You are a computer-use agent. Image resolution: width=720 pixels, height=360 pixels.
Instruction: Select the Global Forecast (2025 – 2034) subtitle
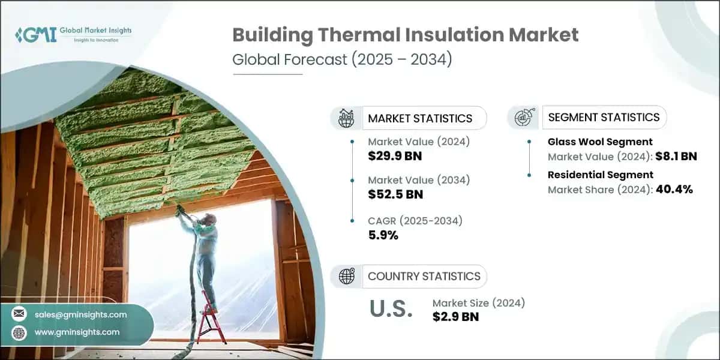click(341, 61)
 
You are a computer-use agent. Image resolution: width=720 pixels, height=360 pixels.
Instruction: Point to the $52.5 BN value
click(395, 194)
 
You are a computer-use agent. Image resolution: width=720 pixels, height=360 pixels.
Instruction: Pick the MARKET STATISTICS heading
click(420, 118)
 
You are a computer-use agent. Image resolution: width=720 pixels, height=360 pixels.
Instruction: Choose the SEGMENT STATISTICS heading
click(604, 117)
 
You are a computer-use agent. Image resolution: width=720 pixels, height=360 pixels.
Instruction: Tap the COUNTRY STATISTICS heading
click(424, 276)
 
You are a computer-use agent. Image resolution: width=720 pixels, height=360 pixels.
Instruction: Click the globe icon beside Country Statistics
click(346, 276)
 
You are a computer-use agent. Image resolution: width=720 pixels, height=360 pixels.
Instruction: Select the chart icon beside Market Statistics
click(346, 118)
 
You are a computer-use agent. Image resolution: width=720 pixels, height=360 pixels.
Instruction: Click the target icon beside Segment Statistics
click(523, 118)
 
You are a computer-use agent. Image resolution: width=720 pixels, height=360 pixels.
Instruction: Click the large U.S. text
click(390, 309)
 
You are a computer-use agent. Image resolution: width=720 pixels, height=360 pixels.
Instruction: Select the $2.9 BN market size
click(455, 317)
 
